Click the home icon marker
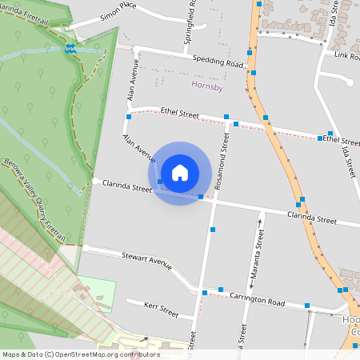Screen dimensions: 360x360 click(179, 172)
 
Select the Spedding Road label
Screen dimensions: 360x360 click(218, 62)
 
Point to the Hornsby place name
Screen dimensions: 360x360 click(207, 86)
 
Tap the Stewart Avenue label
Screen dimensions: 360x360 click(147, 260)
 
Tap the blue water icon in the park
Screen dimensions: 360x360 click(70, 48)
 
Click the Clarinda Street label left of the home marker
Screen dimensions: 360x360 click(127, 189)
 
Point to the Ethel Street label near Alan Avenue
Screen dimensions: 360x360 click(178, 114)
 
